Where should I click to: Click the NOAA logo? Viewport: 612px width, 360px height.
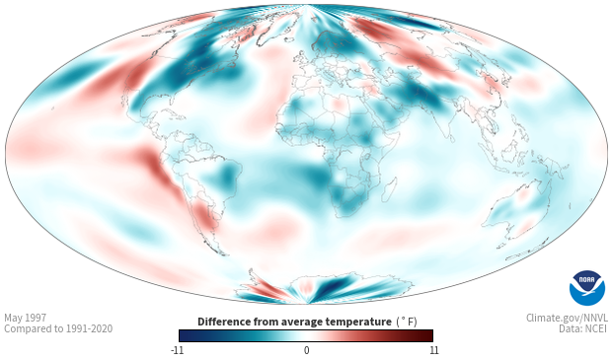(x=587, y=288)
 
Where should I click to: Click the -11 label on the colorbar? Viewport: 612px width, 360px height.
(x=177, y=350)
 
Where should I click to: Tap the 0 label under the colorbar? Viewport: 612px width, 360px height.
(x=306, y=350)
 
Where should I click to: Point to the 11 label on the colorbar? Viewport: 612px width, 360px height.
(x=433, y=350)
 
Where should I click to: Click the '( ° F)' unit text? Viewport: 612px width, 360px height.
(x=407, y=323)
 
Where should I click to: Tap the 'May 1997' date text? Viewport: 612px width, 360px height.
(x=25, y=318)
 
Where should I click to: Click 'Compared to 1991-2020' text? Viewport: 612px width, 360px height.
(x=58, y=328)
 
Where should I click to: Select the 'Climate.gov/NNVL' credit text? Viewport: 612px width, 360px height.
(x=567, y=318)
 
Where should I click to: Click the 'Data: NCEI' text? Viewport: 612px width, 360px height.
(x=583, y=328)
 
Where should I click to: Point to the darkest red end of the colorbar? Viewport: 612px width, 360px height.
(x=430, y=335)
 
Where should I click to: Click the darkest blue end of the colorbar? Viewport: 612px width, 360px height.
(x=183, y=335)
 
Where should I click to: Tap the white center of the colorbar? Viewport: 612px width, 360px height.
(x=306, y=335)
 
